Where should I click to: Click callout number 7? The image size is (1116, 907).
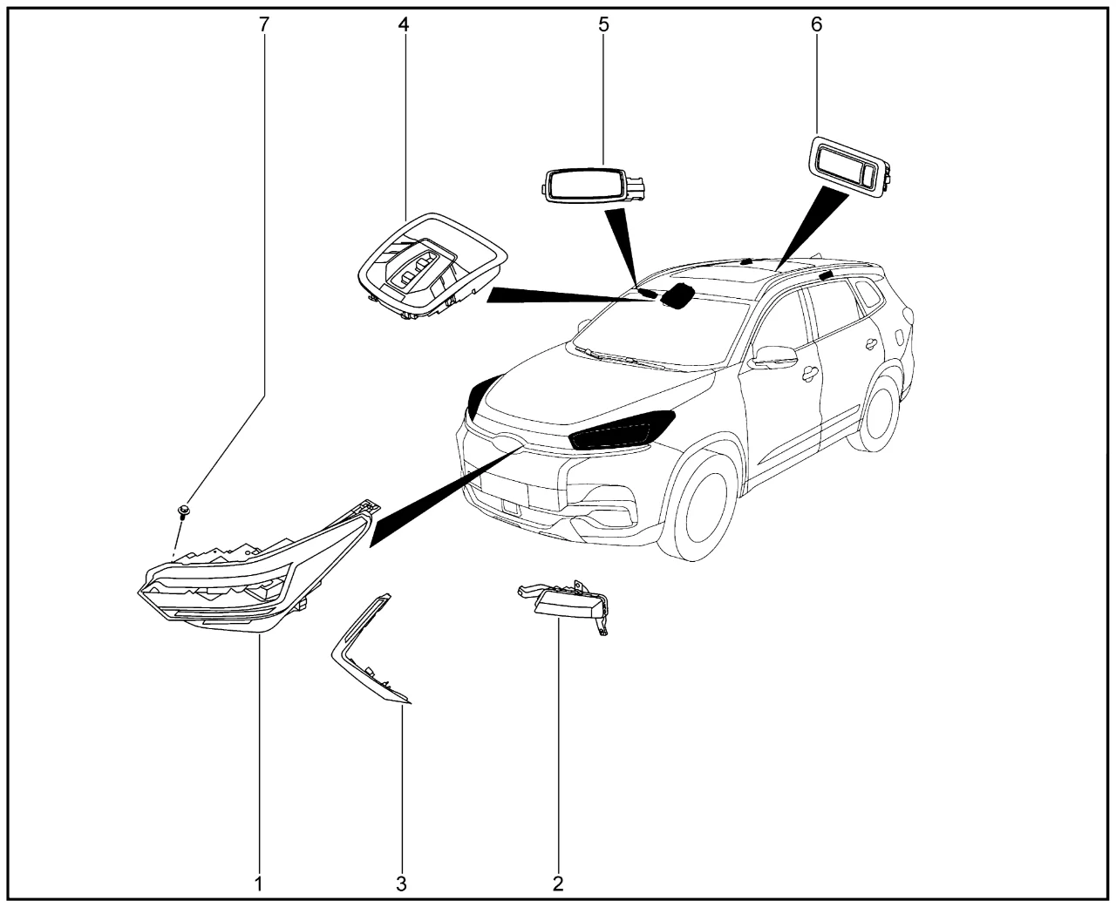(x=263, y=24)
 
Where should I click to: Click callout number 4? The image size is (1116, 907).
(x=403, y=24)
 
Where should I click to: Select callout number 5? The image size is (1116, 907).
(x=603, y=24)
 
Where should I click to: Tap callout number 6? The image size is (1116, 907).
(x=817, y=24)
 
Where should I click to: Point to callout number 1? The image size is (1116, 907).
(x=258, y=884)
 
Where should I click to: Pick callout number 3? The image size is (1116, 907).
(x=401, y=884)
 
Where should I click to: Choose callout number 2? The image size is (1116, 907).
(x=558, y=884)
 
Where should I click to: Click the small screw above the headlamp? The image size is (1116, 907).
(x=183, y=511)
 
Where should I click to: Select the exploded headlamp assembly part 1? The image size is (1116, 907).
(x=259, y=568)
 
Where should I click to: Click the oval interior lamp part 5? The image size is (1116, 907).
(x=592, y=185)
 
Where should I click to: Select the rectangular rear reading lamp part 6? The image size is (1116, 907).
(x=852, y=166)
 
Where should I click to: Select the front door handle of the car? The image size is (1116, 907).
(x=810, y=372)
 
